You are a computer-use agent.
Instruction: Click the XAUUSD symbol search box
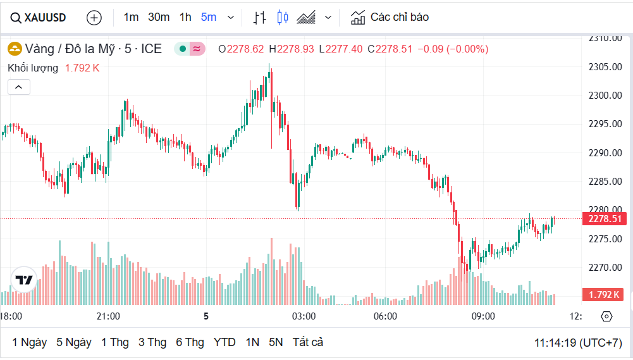tap(38, 18)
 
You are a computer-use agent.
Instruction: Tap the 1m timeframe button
tap(131, 17)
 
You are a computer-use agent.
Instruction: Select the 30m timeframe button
tap(159, 17)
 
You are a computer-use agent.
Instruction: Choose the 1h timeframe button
tap(185, 17)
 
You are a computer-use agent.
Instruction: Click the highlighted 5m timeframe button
tap(209, 17)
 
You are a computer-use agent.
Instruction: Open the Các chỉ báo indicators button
tap(390, 17)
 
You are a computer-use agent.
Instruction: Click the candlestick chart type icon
tap(283, 18)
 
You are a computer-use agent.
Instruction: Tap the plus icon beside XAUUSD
tap(94, 18)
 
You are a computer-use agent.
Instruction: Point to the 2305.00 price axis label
tap(605, 67)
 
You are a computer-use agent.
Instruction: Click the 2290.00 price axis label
tap(605, 153)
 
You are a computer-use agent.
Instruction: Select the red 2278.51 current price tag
tap(605, 219)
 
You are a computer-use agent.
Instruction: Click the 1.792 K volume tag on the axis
tap(605, 295)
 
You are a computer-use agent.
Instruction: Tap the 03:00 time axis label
tap(304, 316)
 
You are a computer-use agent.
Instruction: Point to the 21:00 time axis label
tap(108, 316)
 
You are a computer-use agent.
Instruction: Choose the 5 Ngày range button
tap(74, 342)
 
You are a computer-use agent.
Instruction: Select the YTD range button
tap(224, 342)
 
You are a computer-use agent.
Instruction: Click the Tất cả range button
tap(307, 342)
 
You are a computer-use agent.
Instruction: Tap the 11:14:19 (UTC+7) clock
tap(578, 342)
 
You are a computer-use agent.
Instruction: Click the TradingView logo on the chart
tap(24, 280)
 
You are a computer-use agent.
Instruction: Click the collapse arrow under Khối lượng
tap(19, 87)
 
